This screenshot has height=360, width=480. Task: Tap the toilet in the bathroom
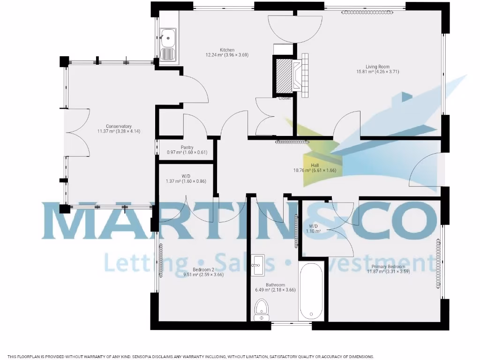coord(262,310)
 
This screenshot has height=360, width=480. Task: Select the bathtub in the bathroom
coord(310,292)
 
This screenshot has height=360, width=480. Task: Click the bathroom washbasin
coord(257,265)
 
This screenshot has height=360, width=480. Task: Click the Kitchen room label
coord(227,50)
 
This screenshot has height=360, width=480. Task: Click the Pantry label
coord(187,147)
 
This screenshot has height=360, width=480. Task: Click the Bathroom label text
coord(275,285)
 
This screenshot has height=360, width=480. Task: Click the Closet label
coord(285,98)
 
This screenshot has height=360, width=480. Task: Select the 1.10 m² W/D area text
coord(313,231)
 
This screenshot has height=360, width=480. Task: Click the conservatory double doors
coord(77,133)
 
